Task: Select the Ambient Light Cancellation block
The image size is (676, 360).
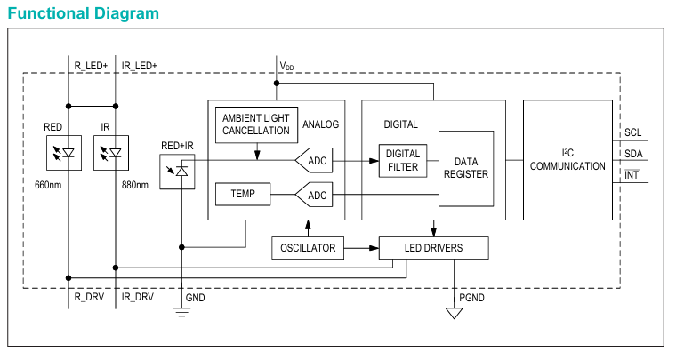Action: pyautogui.click(x=256, y=124)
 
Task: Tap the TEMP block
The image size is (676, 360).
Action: pyautogui.click(x=242, y=194)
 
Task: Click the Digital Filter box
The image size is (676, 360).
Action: pyautogui.click(x=403, y=161)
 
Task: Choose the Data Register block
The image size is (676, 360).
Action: pyautogui.click(x=466, y=168)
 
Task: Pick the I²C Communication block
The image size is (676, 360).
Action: pyautogui.click(x=567, y=160)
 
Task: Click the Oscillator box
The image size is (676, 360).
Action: pyautogui.click(x=307, y=248)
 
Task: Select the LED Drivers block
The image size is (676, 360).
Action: pyautogui.click(x=433, y=248)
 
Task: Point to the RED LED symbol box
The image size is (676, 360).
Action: pyautogui.click(x=62, y=153)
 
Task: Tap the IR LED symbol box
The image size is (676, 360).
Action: pyautogui.click(x=111, y=153)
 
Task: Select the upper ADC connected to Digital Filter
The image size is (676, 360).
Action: pyautogui.click(x=314, y=161)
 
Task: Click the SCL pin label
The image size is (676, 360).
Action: pyautogui.click(x=632, y=132)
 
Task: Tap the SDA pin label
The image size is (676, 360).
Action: pyautogui.click(x=632, y=153)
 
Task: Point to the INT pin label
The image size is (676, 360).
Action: pyautogui.click(x=632, y=174)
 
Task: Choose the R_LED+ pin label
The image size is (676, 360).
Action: pyautogui.click(x=90, y=66)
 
